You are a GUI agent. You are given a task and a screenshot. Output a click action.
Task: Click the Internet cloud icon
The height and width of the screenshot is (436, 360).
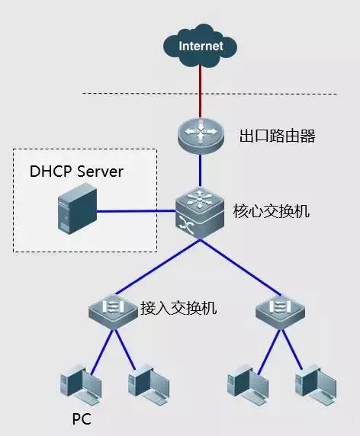point(201,46)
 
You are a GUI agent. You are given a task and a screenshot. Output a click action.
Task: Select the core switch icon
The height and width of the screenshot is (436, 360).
point(201,213)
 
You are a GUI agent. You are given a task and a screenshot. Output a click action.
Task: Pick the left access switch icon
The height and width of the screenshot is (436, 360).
point(112,309)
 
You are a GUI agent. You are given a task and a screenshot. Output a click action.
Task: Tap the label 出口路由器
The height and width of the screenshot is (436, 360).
point(277,137)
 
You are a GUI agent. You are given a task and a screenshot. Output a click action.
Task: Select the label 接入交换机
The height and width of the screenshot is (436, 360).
point(179,309)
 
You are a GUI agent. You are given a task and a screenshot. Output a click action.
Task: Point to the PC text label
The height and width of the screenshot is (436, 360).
point(82,420)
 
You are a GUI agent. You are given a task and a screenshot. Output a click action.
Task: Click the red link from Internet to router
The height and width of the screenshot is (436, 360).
point(201,91)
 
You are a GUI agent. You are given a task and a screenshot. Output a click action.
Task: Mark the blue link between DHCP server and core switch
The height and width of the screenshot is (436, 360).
point(137,212)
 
